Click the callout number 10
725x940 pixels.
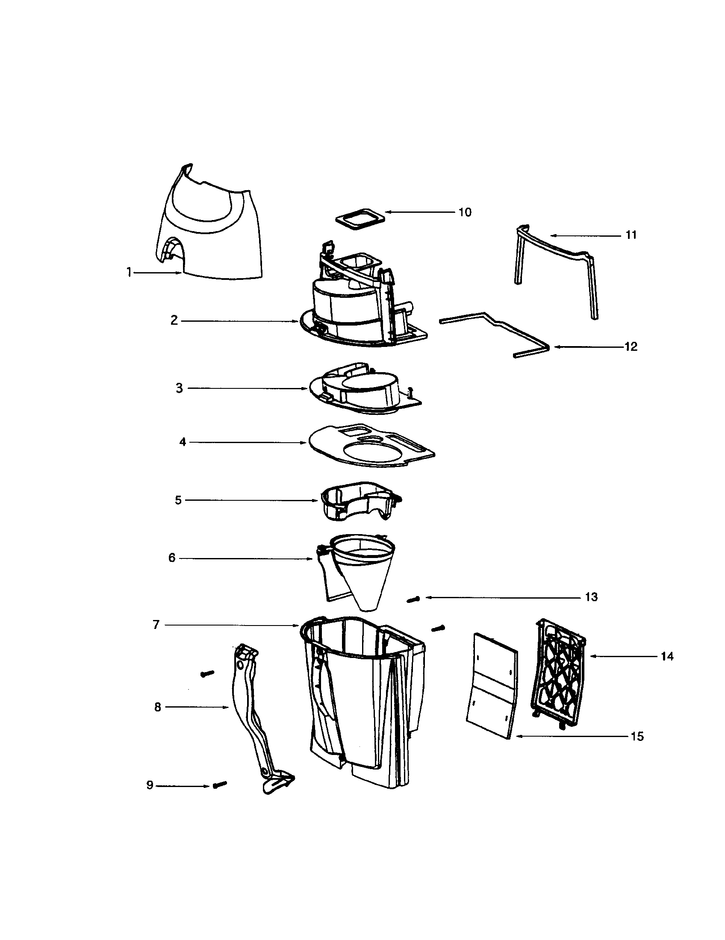click(465, 212)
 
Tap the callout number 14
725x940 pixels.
click(667, 656)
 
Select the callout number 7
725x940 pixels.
click(156, 625)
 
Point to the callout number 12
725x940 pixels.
click(631, 347)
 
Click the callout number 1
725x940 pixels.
click(129, 273)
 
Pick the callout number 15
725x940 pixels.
click(637, 737)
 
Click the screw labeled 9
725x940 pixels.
click(220, 784)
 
